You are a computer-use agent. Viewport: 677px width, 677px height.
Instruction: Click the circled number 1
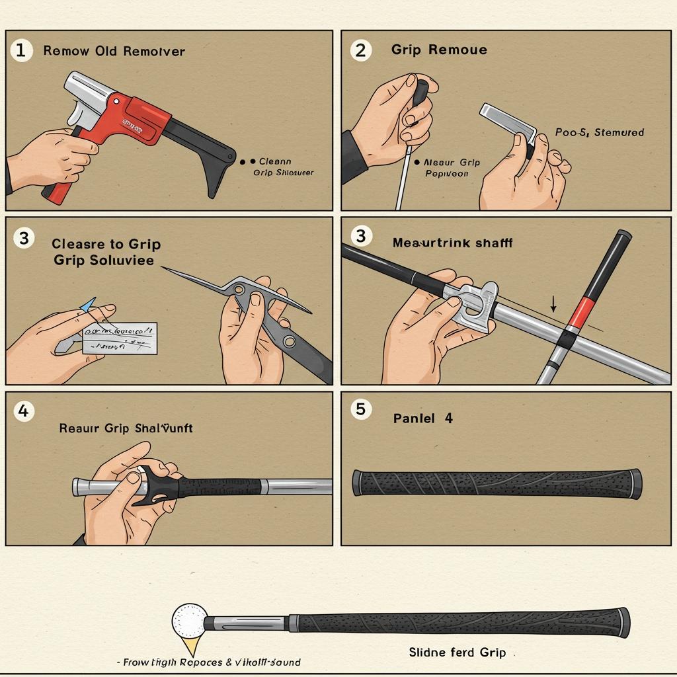[21, 50]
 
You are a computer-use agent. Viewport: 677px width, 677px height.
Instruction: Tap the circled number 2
[360, 50]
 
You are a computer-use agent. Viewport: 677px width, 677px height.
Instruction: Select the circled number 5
[360, 409]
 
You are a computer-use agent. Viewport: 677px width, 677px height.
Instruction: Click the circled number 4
[23, 411]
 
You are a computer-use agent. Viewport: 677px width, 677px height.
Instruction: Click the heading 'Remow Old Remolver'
[114, 51]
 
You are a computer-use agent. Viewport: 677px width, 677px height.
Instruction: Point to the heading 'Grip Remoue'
[439, 50]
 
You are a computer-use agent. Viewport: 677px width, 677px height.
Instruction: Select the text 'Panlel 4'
[422, 418]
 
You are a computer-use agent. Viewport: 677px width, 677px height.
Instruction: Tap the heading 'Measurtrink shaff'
[452, 243]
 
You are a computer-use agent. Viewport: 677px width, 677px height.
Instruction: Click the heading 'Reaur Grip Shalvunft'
[126, 428]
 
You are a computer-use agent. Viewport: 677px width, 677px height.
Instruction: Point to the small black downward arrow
[553, 304]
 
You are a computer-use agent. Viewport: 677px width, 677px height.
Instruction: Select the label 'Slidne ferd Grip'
[457, 653]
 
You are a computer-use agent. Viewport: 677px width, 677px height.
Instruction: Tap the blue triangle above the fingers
[88, 304]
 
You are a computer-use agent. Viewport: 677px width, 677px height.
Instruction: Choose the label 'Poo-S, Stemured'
[599, 132]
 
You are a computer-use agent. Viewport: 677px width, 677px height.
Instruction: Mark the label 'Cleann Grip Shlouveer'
[281, 167]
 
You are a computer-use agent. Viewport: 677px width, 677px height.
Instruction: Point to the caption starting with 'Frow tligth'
[208, 662]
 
